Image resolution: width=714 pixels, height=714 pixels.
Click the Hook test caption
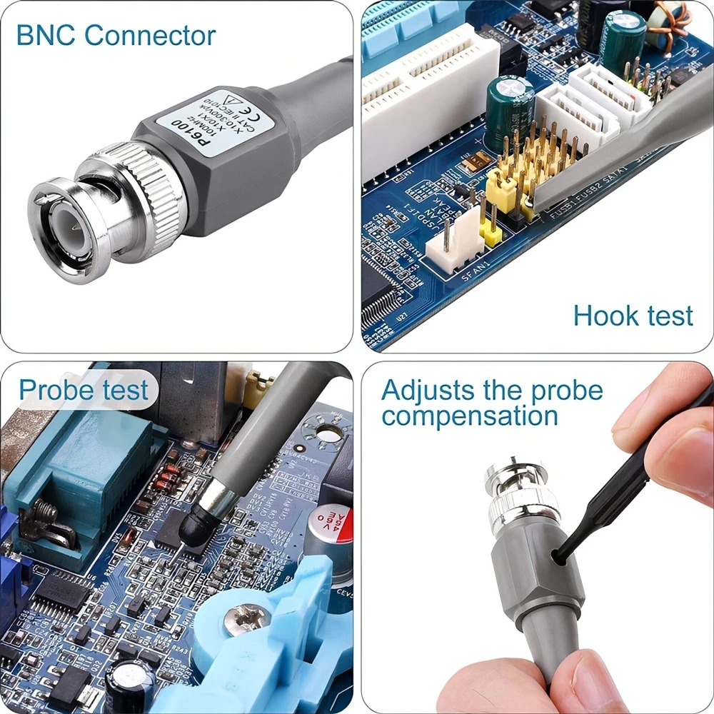[x=633, y=315]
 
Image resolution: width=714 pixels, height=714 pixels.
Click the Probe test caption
[x=83, y=391]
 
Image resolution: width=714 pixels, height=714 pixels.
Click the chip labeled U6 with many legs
[x=61, y=593]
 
